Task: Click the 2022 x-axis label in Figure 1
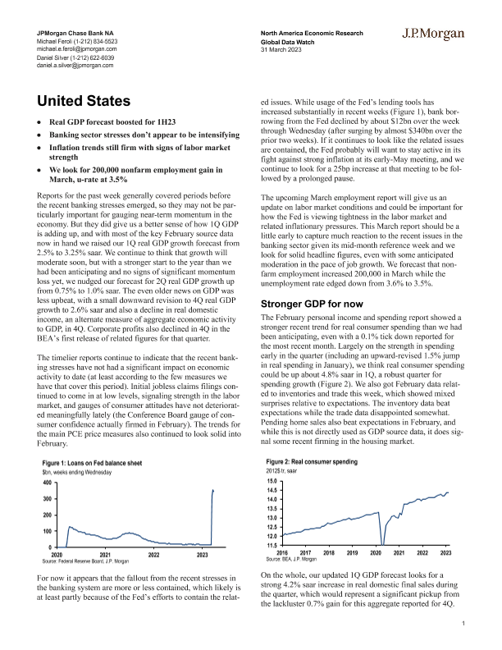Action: point(154,556)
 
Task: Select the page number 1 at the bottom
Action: point(463,625)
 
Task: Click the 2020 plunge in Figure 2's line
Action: point(382,533)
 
